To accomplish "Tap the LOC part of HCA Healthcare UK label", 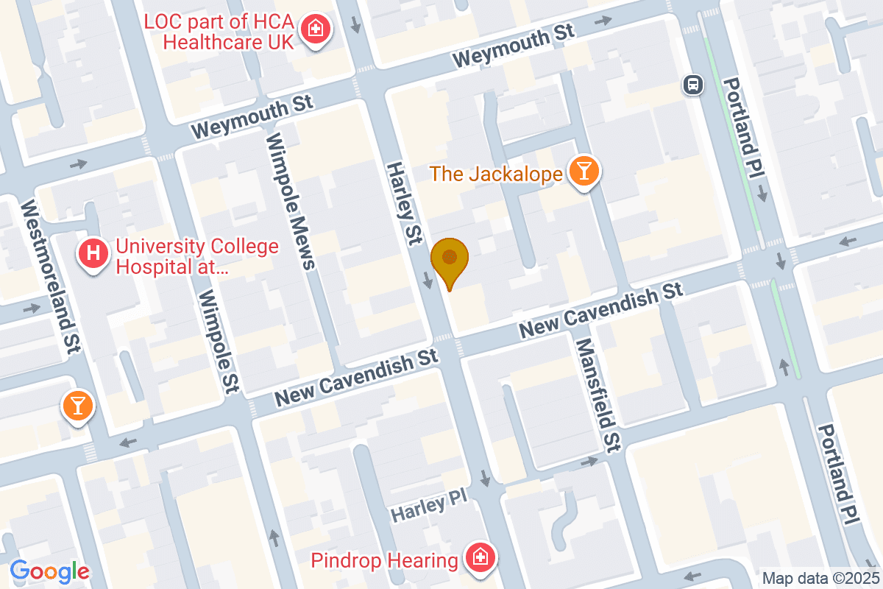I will coord(229,30).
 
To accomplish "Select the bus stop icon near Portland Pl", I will coord(693,85).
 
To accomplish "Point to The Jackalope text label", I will coord(496,174).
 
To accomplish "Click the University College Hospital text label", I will coord(196,255).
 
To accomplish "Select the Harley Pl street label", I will coord(429,508).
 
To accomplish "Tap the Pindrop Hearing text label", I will coord(384,560).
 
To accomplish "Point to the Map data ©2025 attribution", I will coord(820,578).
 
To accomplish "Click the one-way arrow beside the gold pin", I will coord(428,280).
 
